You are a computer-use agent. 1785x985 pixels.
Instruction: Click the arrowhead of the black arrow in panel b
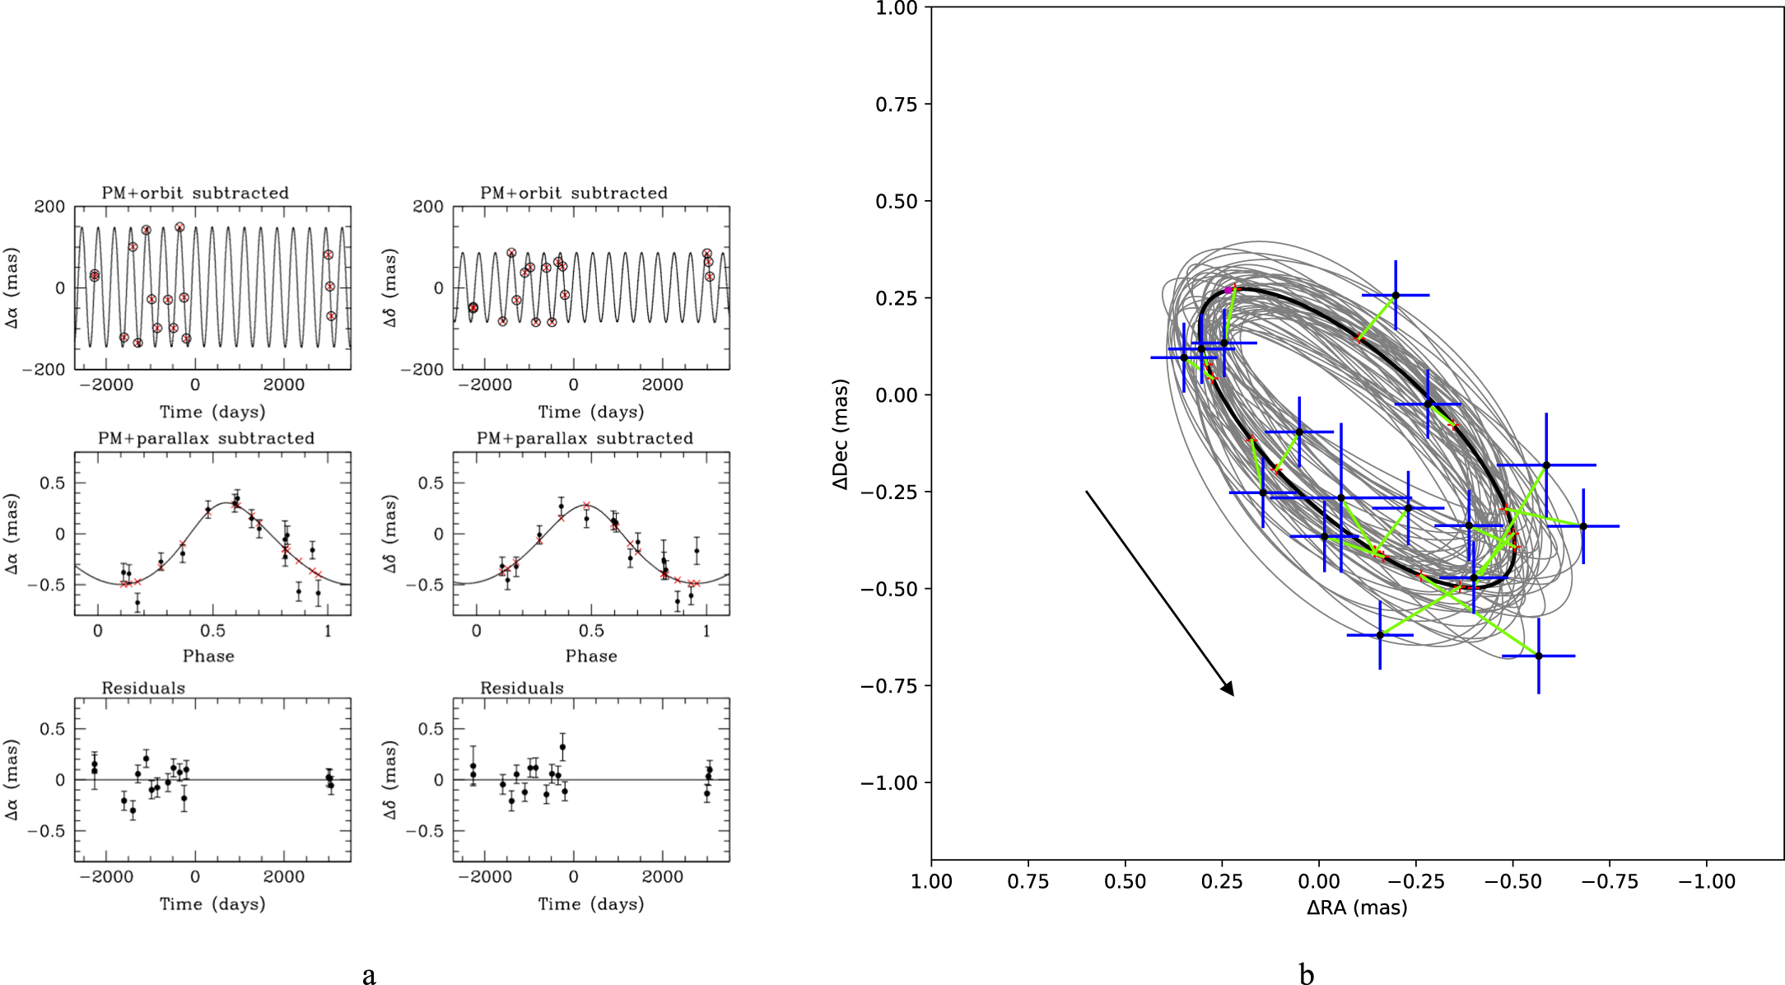point(1228,689)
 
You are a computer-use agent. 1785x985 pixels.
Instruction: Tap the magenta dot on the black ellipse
point(1228,290)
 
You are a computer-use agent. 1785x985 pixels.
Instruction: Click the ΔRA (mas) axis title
point(1357,908)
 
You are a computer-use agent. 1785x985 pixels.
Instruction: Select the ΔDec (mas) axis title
point(840,434)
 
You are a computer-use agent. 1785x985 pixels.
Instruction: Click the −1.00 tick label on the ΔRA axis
point(1707,882)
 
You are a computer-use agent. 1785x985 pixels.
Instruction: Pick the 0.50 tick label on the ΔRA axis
point(1125,882)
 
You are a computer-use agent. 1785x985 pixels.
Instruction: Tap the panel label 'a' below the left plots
point(369,975)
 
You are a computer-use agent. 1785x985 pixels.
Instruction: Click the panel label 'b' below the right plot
point(1306,975)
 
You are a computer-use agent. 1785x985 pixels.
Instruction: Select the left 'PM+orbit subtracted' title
point(195,193)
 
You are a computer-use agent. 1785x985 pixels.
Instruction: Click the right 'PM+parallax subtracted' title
point(585,438)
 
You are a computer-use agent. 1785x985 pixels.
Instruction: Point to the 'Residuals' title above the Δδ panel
point(522,688)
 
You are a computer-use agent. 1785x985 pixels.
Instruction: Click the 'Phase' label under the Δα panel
point(208,656)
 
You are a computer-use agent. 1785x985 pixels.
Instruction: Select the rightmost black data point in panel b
point(1582,526)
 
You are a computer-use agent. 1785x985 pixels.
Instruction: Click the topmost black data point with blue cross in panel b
point(1396,295)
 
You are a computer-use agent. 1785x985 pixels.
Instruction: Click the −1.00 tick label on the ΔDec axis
point(888,782)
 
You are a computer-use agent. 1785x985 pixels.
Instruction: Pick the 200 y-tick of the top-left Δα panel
point(49,207)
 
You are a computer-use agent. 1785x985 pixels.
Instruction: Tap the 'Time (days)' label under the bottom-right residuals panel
point(591,904)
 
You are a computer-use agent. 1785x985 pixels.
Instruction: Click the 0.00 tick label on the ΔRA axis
point(1319,882)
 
